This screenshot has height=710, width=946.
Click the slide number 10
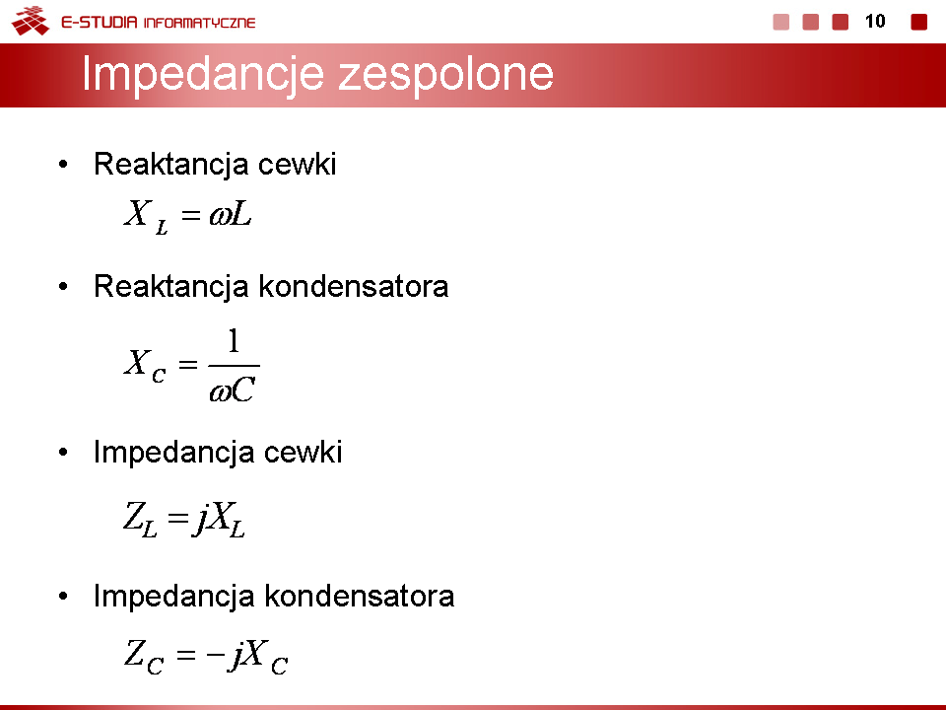[875, 21]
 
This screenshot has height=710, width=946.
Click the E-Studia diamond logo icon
[31, 21]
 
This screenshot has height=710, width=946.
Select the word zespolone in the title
[445, 74]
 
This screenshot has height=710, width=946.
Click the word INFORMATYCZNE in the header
[200, 23]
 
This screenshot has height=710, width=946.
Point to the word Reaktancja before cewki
[171, 165]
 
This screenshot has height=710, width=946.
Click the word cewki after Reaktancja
[297, 165]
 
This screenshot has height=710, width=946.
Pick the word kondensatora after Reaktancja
[354, 286]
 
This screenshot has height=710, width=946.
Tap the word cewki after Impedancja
[303, 453]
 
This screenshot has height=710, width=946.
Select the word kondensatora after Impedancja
[360, 597]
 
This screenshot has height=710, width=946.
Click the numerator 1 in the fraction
[235, 340]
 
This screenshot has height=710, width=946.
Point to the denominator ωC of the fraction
[233, 390]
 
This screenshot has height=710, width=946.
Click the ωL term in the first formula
[231, 214]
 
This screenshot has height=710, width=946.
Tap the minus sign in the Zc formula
[216, 654]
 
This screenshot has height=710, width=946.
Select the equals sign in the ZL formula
[178, 518]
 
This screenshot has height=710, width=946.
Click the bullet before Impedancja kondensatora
[63, 597]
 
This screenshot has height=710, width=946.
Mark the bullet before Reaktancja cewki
[63, 165]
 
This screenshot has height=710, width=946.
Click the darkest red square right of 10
[918, 22]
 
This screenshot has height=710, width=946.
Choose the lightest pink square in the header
[781, 22]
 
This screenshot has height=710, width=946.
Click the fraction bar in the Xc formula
[235, 365]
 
